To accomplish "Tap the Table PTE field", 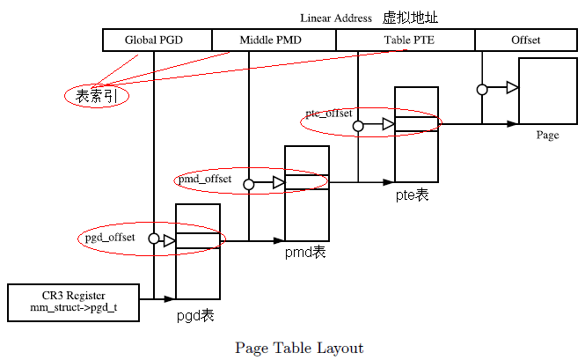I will (406, 40).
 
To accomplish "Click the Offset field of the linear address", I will (526, 40).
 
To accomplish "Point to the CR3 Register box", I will (73, 302).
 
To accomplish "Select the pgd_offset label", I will (110, 238).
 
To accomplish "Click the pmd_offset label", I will (204, 180).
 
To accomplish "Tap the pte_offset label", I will (328, 114).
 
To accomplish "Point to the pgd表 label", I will (197, 314).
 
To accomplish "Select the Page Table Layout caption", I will (299, 348).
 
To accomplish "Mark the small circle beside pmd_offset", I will (249, 184).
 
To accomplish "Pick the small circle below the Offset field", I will (482, 89).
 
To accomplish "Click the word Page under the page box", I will (547, 136).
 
